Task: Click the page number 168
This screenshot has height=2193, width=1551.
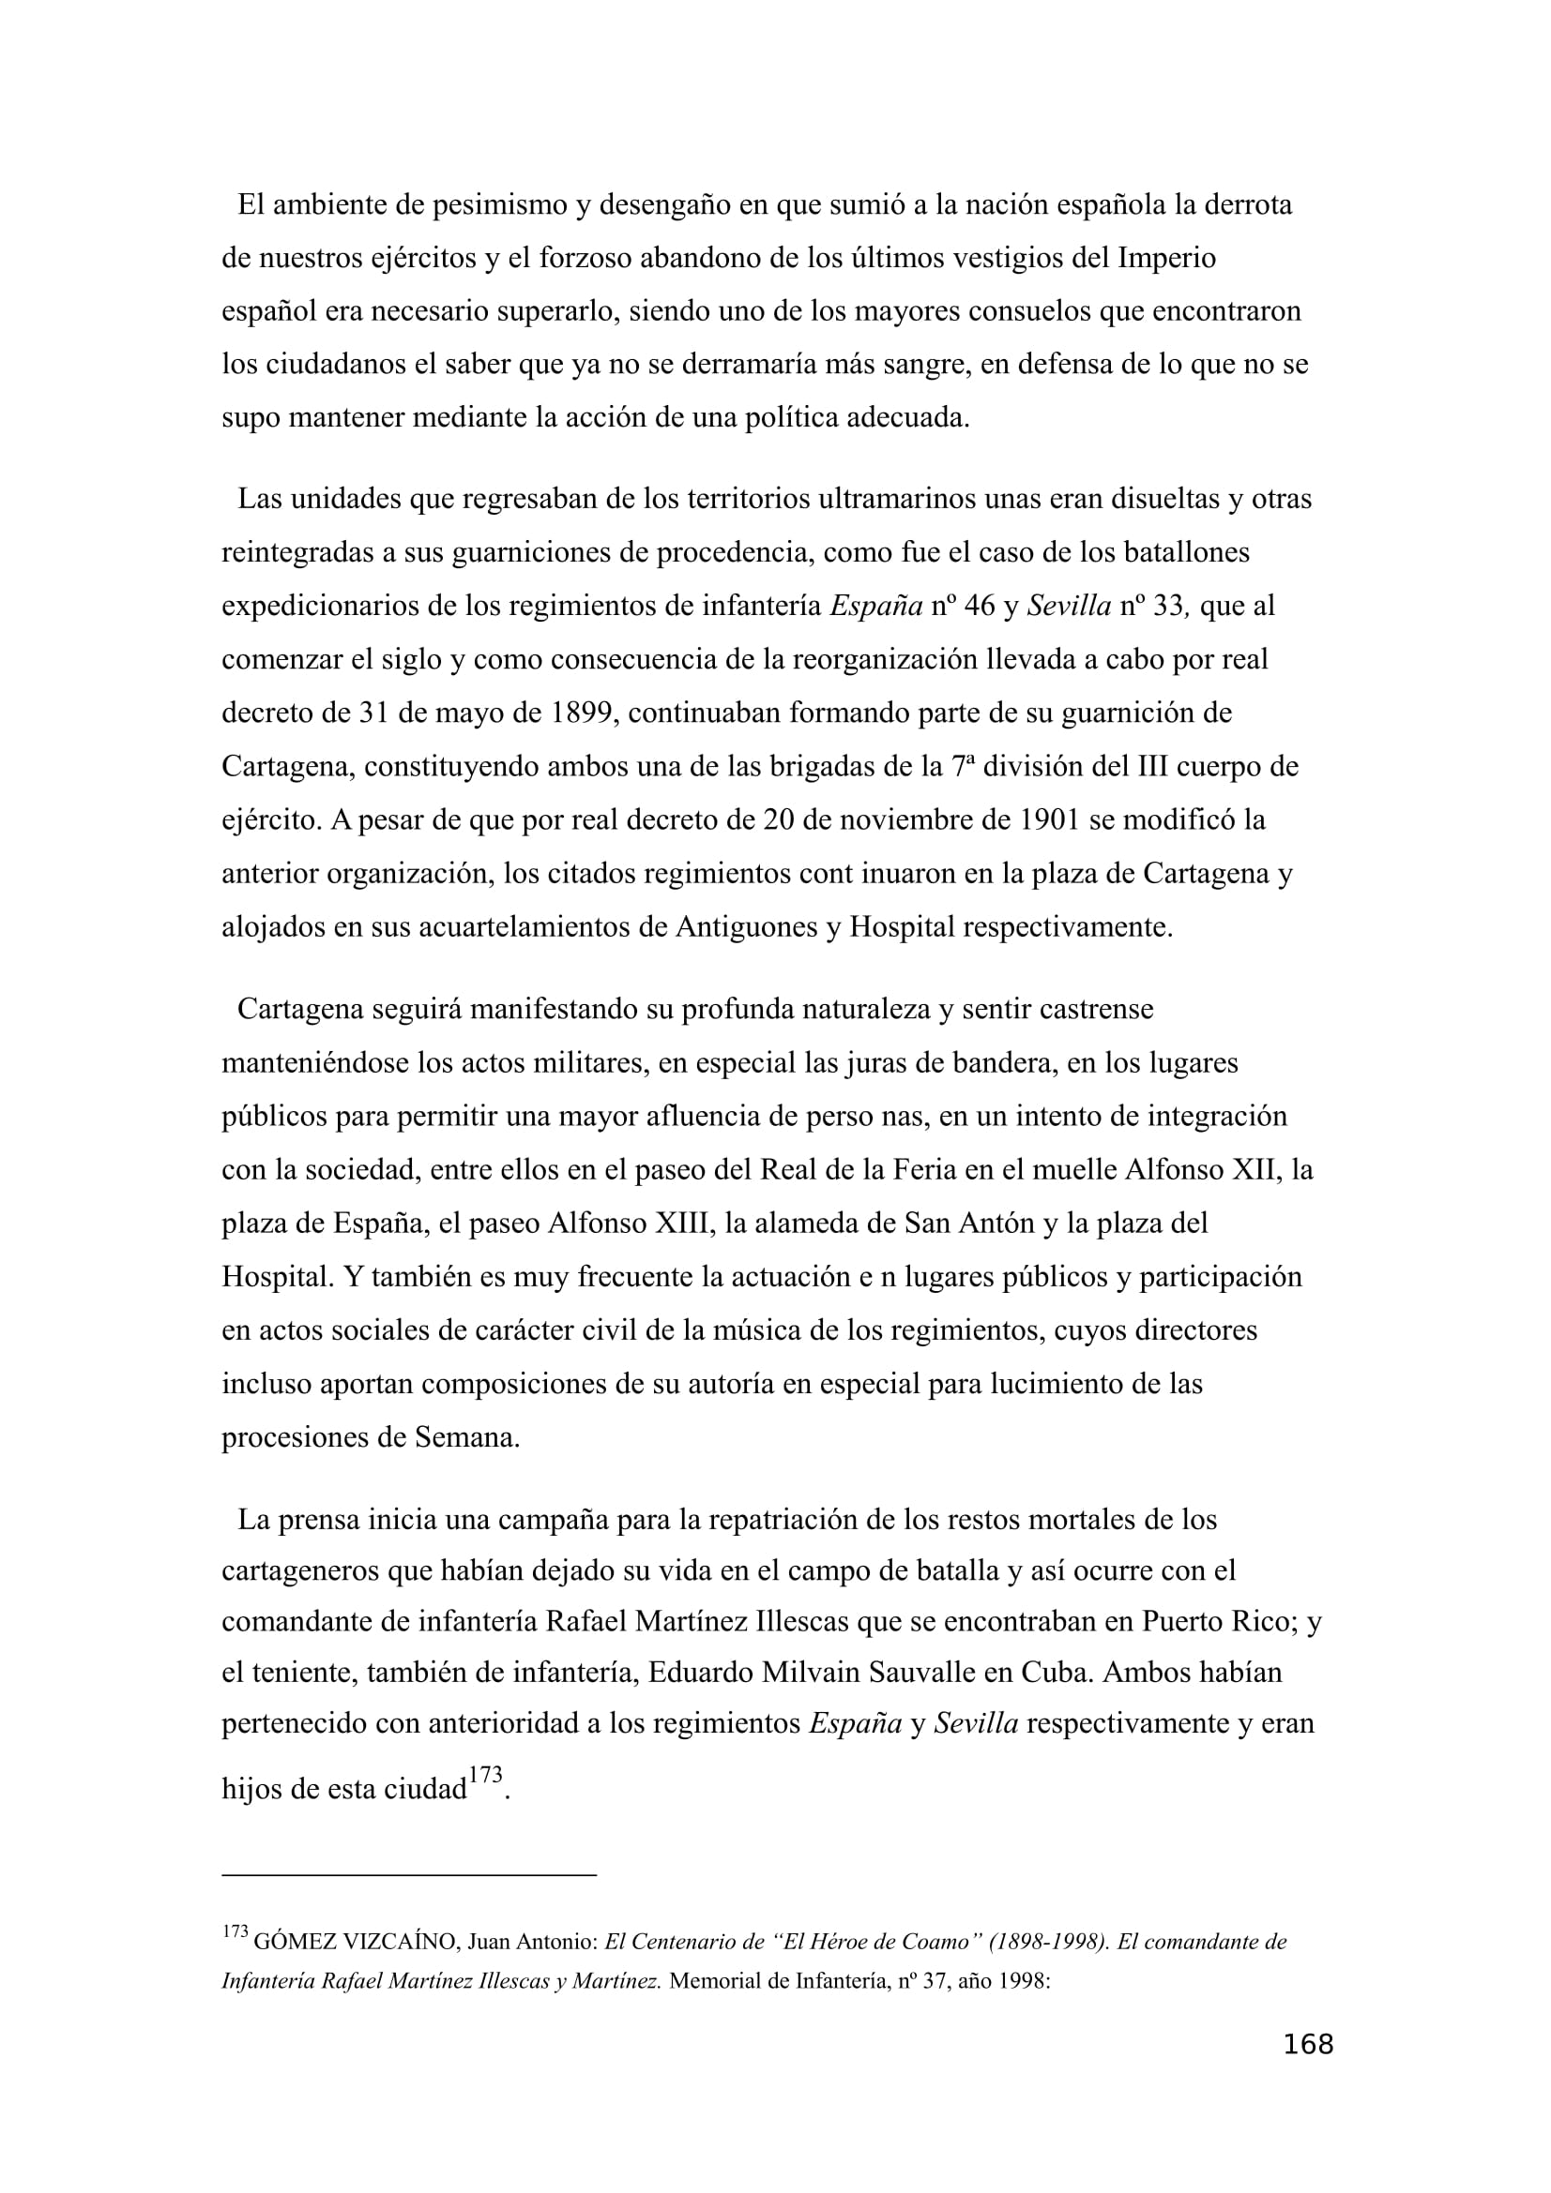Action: [1307, 2044]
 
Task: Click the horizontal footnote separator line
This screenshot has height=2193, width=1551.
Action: [408, 1875]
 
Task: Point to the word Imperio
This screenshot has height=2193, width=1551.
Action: [1166, 259]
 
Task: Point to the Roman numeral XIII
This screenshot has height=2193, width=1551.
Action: [676, 1224]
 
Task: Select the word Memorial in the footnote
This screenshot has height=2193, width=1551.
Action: [715, 1981]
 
